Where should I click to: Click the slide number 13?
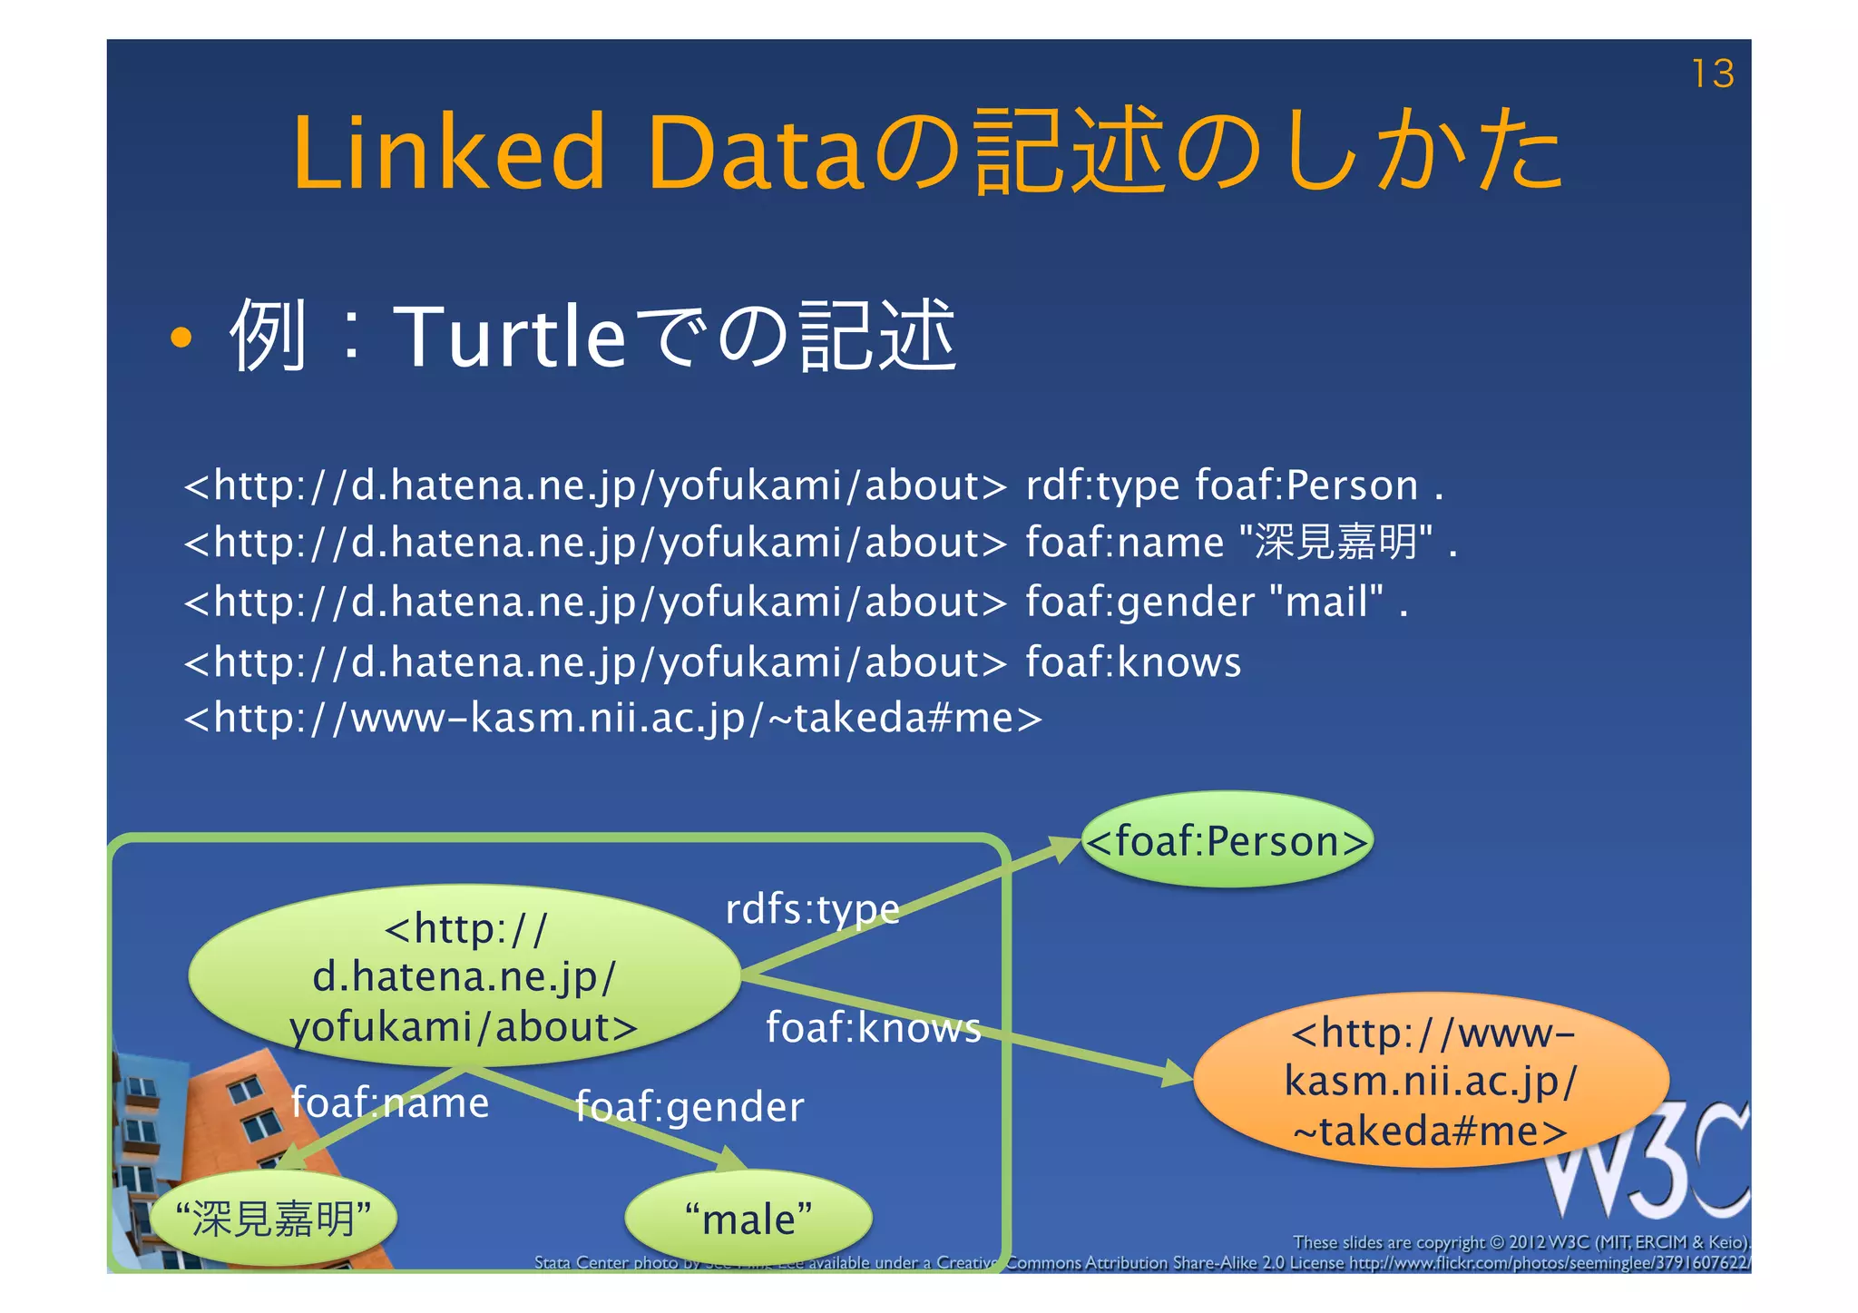(1713, 73)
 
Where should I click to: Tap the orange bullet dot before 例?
(181, 338)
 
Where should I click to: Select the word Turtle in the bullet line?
(509, 337)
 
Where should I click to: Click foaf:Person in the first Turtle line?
(1306, 485)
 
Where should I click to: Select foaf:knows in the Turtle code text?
(1133, 662)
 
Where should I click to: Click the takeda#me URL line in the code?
(613, 719)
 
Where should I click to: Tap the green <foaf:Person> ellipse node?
(1227, 841)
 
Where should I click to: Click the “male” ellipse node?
(748, 1219)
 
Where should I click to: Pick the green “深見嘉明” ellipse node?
(273, 1219)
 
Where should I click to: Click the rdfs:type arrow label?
(813, 909)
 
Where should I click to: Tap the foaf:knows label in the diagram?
(874, 1028)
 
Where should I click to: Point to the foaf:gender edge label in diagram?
(689, 1107)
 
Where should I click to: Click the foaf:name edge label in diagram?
(390, 1103)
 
